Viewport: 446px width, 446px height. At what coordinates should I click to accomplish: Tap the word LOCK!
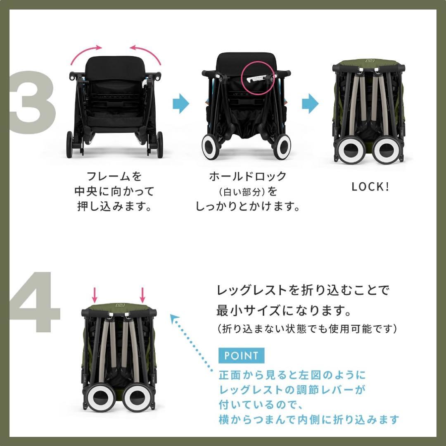370,187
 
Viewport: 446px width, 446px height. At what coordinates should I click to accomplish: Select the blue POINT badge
241,355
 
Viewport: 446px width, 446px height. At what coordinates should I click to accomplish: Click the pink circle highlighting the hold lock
257,77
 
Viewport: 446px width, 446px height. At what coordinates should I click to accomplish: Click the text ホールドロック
247,176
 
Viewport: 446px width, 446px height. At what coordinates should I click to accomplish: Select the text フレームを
114,176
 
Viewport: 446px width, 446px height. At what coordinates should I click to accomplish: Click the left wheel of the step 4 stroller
101,398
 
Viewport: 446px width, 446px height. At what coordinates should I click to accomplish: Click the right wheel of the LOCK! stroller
387,151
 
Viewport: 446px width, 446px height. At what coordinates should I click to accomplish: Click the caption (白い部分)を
247,192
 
